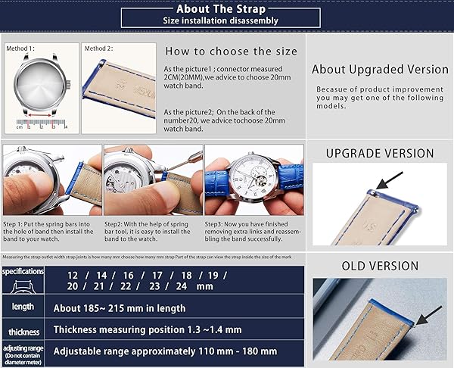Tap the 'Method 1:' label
[21, 48]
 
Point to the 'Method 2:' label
[99, 48]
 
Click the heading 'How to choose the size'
[231, 52]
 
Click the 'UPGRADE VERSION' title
[379, 153]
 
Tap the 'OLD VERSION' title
[380, 266]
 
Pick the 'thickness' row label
[23, 332]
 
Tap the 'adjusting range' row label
[23, 351]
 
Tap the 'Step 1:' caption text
[15, 225]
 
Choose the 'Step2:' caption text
[116, 225]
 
